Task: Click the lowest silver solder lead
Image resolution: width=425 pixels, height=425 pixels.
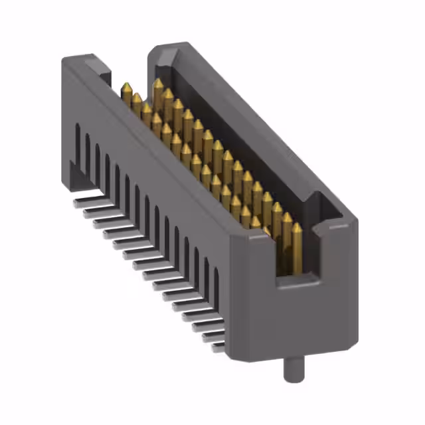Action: coord(218,346)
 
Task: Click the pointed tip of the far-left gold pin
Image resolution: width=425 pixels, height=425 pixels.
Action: coord(126,84)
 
